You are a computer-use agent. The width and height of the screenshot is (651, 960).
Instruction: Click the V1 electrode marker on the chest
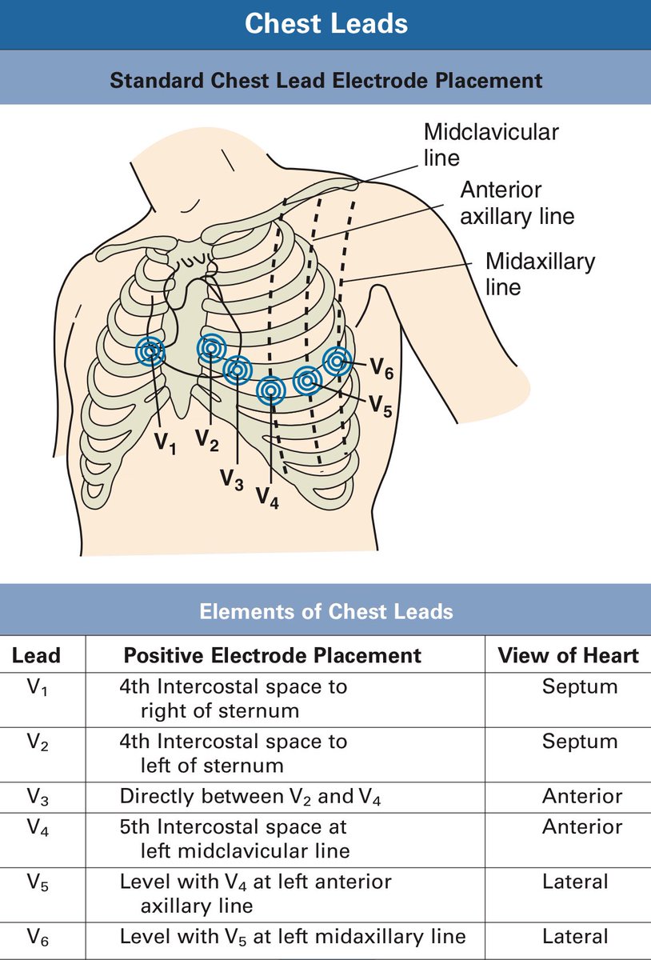[x=150, y=350]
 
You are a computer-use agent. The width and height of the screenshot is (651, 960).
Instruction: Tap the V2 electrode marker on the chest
[x=212, y=347]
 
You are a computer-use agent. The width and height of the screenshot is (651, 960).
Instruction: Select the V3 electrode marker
[x=238, y=369]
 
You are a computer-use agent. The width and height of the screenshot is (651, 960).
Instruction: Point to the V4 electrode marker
[x=272, y=390]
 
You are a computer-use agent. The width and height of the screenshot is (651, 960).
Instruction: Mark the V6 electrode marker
[x=337, y=361]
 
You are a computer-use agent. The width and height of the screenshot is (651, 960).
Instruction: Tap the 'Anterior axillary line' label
[x=517, y=203]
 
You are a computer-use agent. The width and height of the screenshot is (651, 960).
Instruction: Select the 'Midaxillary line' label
[x=540, y=274]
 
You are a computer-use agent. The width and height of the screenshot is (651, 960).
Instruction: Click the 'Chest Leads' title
[x=325, y=24]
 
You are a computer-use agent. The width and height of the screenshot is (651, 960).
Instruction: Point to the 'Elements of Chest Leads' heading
[x=325, y=612]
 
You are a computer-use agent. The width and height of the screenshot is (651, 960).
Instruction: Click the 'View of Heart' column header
[x=568, y=656]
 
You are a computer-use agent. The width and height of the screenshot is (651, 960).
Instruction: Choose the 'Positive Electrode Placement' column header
[x=272, y=656]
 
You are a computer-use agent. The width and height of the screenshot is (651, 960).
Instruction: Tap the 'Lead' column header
[x=36, y=656]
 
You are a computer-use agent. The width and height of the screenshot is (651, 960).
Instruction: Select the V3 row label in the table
[x=37, y=797]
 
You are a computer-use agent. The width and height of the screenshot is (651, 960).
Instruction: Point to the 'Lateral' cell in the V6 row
[x=575, y=936]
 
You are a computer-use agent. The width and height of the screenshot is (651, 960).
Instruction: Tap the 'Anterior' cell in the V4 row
[x=581, y=826]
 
